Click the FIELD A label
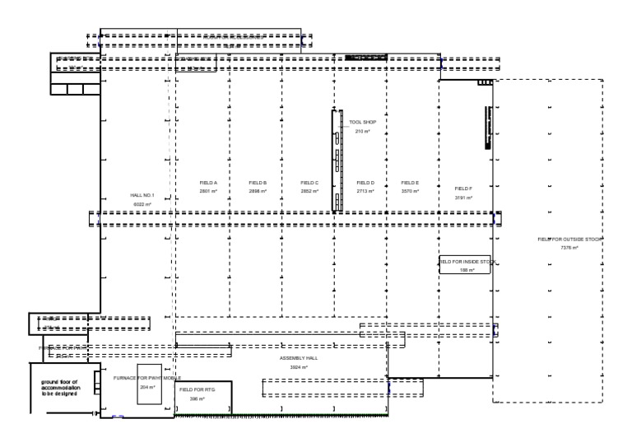(x=208, y=183)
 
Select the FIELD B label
(x=258, y=183)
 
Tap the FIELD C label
(x=309, y=183)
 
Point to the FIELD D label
(x=365, y=183)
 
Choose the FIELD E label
(x=410, y=183)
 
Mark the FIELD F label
(x=463, y=189)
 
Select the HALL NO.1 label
(x=142, y=195)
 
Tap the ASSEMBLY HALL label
(x=299, y=359)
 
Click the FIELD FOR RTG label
(x=197, y=389)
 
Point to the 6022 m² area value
(x=142, y=203)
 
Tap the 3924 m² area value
(x=299, y=367)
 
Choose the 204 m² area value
(x=148, y=387)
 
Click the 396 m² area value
(x=197, y=398)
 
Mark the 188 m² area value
(x=467, y=269)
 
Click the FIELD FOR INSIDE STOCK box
(x=465, y=264)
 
